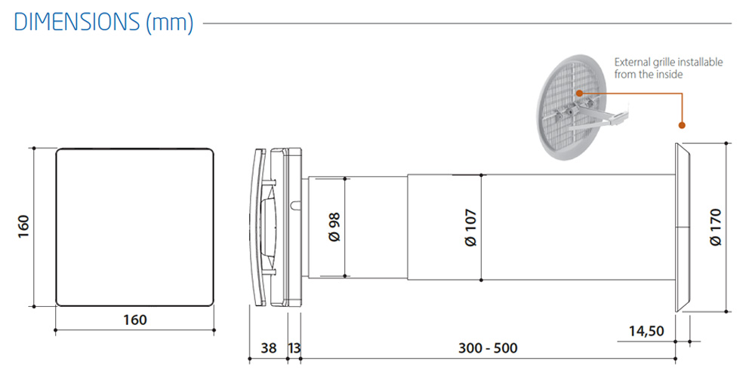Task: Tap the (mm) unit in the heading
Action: (169, 22)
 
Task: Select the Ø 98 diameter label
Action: (334, 227)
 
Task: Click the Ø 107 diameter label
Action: (470, 228)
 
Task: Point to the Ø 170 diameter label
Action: (716, 227)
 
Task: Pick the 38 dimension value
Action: (269, 348)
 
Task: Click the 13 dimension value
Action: (294, 348)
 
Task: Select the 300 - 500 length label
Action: (488, 348)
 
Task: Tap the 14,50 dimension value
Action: (646, 331)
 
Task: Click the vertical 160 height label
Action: (23, 226)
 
